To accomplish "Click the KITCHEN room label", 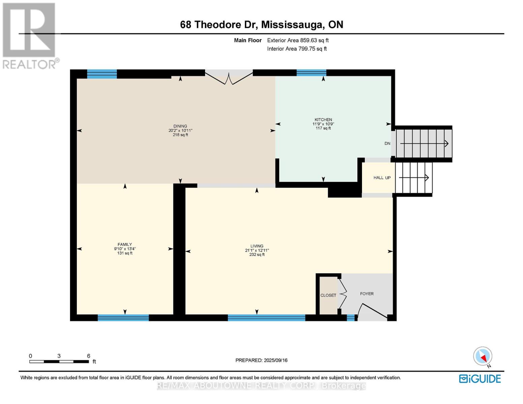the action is [323, 120].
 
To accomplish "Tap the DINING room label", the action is [180, 126].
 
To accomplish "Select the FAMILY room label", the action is [125, 244].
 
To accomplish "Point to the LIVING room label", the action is [257, 246].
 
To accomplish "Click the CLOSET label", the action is [328, 295].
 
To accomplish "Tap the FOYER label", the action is [366, 294].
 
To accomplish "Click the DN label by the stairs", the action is [387, 143].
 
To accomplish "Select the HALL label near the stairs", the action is [378, 177].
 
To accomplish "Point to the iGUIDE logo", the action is [480, 378].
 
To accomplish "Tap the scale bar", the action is [59, 362].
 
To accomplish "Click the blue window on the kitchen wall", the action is [311, 73].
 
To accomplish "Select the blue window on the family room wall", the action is [123, 317].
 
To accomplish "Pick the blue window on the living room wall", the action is [266, 317].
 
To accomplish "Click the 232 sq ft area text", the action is [257, 255].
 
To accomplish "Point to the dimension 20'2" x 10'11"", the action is [180, 130].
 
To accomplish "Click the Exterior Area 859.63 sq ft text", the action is [298, 40].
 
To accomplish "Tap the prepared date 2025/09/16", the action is [275, 360].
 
